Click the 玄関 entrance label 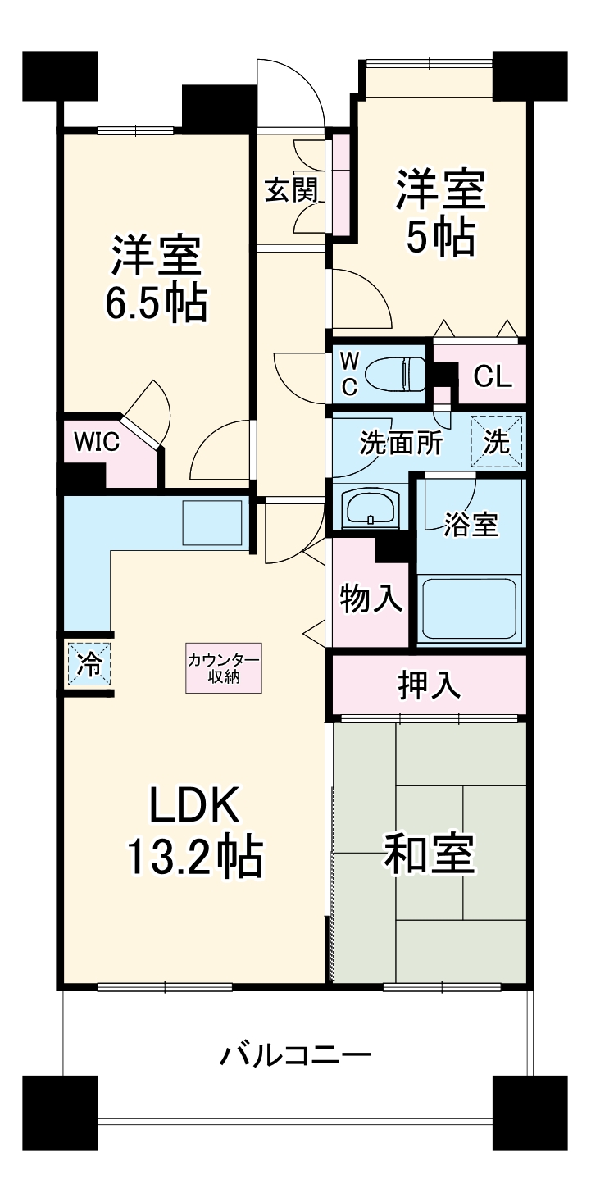291,190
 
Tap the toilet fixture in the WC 391,376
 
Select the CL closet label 493,377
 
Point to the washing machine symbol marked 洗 496,442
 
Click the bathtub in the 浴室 470,608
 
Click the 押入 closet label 429,685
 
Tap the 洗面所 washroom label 402,443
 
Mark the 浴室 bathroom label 471,525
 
